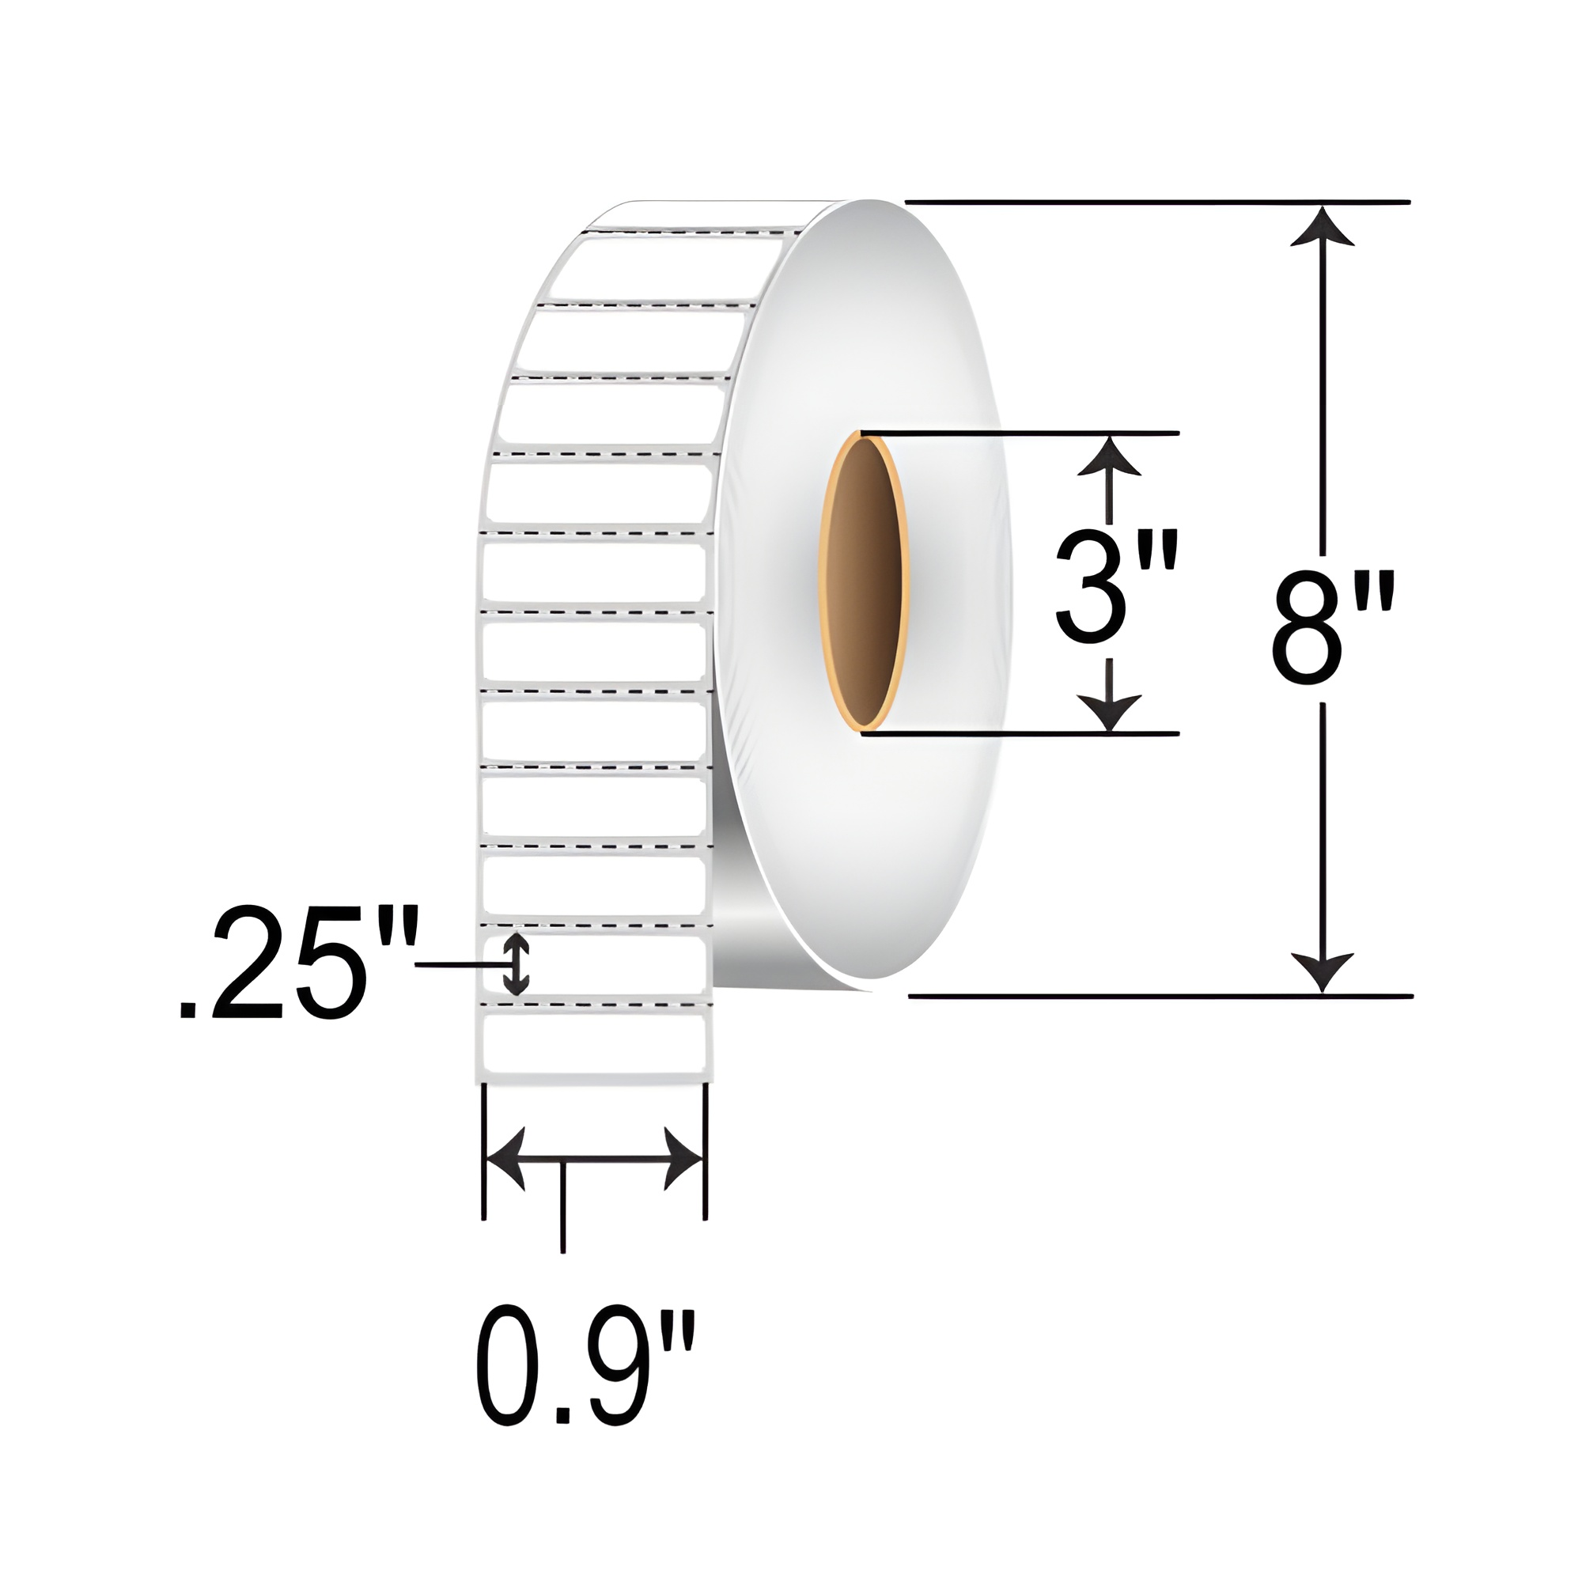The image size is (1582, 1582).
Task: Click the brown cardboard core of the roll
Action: [x=865, y=583]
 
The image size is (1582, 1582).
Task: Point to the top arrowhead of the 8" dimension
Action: [x=1322, y=228]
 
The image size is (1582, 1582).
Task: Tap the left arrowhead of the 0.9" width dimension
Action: [x=506, y=1159]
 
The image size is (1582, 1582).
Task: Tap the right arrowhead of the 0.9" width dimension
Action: [x=682, y=1159]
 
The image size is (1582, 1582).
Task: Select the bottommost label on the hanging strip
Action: [x=594, y=1043]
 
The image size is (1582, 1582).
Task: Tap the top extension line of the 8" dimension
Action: [x=1155, y=202]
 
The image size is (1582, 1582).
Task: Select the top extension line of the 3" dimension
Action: [x=1020, y=432]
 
